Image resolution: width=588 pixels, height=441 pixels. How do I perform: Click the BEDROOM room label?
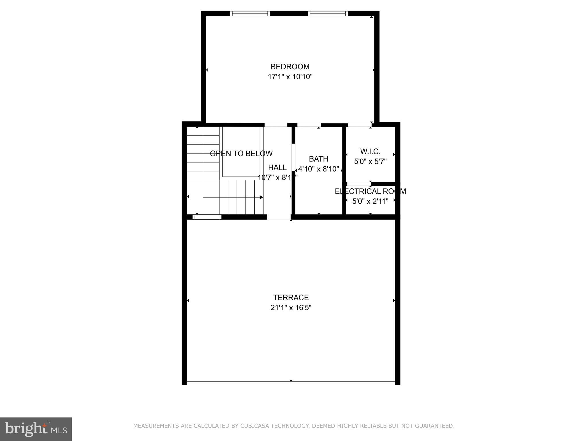click(x=290, y=67)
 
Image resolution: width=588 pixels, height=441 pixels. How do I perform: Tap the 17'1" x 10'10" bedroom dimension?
click(x=290, y=77)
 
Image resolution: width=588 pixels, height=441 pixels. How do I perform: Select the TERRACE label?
click(x=291, y=297)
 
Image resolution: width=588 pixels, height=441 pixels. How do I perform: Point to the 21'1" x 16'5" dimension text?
click(x=291, y=308)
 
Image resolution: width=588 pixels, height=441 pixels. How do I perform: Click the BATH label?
click(x=318, y=159)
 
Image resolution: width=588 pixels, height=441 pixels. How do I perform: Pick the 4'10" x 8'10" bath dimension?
click(x=318, y=169)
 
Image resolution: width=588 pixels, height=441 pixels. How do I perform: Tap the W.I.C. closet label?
click(x=370, y=151)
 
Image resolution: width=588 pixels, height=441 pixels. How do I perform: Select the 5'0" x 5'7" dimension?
click(x=370, y=162)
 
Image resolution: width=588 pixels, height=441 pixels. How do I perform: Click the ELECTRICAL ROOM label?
click(x=370, y=191)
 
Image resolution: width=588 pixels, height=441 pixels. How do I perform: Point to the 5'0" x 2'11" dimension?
click(x=370, y=201)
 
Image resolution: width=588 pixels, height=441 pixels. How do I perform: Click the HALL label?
click(x=277, y=167)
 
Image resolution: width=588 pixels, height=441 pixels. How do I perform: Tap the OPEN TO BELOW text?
click(x=241, y=154)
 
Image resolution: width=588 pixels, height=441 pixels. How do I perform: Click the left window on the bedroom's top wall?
click(x=250, y=13)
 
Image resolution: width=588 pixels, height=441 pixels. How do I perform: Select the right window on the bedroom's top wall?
click(x=328, y=13)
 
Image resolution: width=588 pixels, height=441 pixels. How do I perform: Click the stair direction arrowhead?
click(x=261, y=197)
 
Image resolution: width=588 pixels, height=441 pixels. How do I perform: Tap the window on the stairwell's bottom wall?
click(x=207, y=217)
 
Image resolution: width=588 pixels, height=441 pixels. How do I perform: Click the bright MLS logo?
click(x=36, y=429)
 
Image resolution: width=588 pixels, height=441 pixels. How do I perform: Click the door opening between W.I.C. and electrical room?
click(x=359, y=184)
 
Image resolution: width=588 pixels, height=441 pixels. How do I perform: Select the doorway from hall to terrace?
click(x=278, y=217)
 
